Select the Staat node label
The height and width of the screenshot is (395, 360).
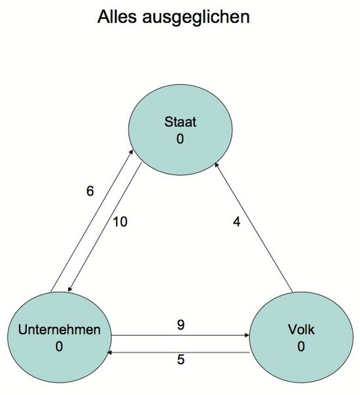180,122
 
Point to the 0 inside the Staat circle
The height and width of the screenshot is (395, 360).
180,139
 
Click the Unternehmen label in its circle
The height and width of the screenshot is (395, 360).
59,330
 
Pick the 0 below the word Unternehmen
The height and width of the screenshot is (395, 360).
59,346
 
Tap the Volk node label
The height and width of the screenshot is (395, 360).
301,330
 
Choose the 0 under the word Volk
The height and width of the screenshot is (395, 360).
301,346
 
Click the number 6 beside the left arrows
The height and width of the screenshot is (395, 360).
90,192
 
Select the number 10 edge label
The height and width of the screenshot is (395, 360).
120,222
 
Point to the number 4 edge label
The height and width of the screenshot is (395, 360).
237,222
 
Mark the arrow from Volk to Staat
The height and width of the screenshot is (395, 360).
257,230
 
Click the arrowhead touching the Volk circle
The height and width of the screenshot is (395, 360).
247,335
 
